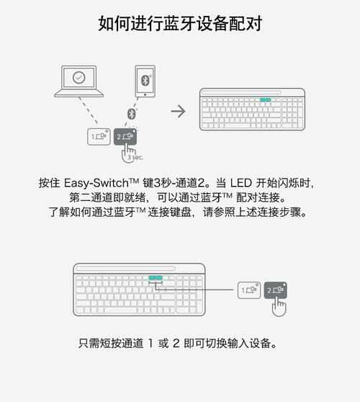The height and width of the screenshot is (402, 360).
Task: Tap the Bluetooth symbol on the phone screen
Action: [x=144, y=80]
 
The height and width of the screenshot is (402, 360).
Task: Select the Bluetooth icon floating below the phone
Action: [x=132, y=114]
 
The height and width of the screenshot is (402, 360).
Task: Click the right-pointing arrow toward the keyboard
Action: [x=178, y=111]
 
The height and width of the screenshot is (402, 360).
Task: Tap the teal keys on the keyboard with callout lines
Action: [x=155, y=277]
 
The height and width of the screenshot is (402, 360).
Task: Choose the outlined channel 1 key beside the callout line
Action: [x=249, y=290]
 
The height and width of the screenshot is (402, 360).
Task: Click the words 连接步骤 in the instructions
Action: [x=284, y=213]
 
